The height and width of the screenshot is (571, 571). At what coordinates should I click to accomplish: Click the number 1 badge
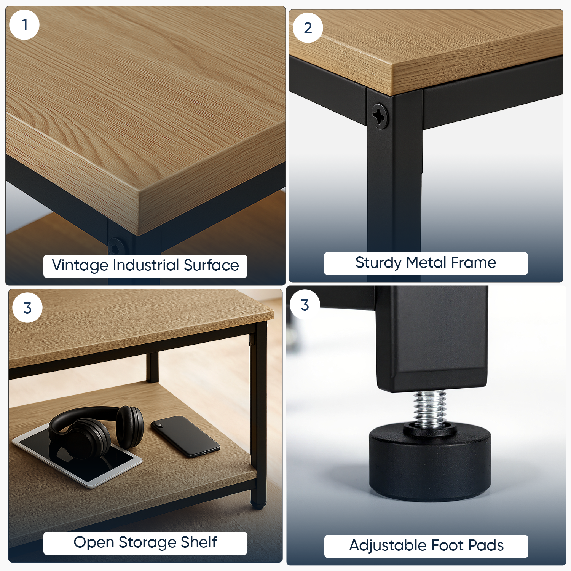click(25, 25)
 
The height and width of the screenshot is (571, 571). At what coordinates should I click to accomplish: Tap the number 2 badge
click(308, 28)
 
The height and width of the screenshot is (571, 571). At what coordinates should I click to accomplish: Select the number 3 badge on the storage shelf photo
click(27, 308)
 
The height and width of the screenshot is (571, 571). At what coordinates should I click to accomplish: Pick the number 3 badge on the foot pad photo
click(305, 305)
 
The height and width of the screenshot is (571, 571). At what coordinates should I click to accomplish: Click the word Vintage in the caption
click(80, 266)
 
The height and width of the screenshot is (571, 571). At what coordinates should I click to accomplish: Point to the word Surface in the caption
click(211, 265)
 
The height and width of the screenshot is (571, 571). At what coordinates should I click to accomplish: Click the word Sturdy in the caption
click(378, 263)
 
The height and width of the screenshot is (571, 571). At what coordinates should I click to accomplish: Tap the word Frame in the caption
click(474, 262)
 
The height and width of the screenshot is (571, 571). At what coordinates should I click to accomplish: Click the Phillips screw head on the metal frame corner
click(380, 116)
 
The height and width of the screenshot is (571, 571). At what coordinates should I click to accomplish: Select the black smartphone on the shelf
click(185, 436)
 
